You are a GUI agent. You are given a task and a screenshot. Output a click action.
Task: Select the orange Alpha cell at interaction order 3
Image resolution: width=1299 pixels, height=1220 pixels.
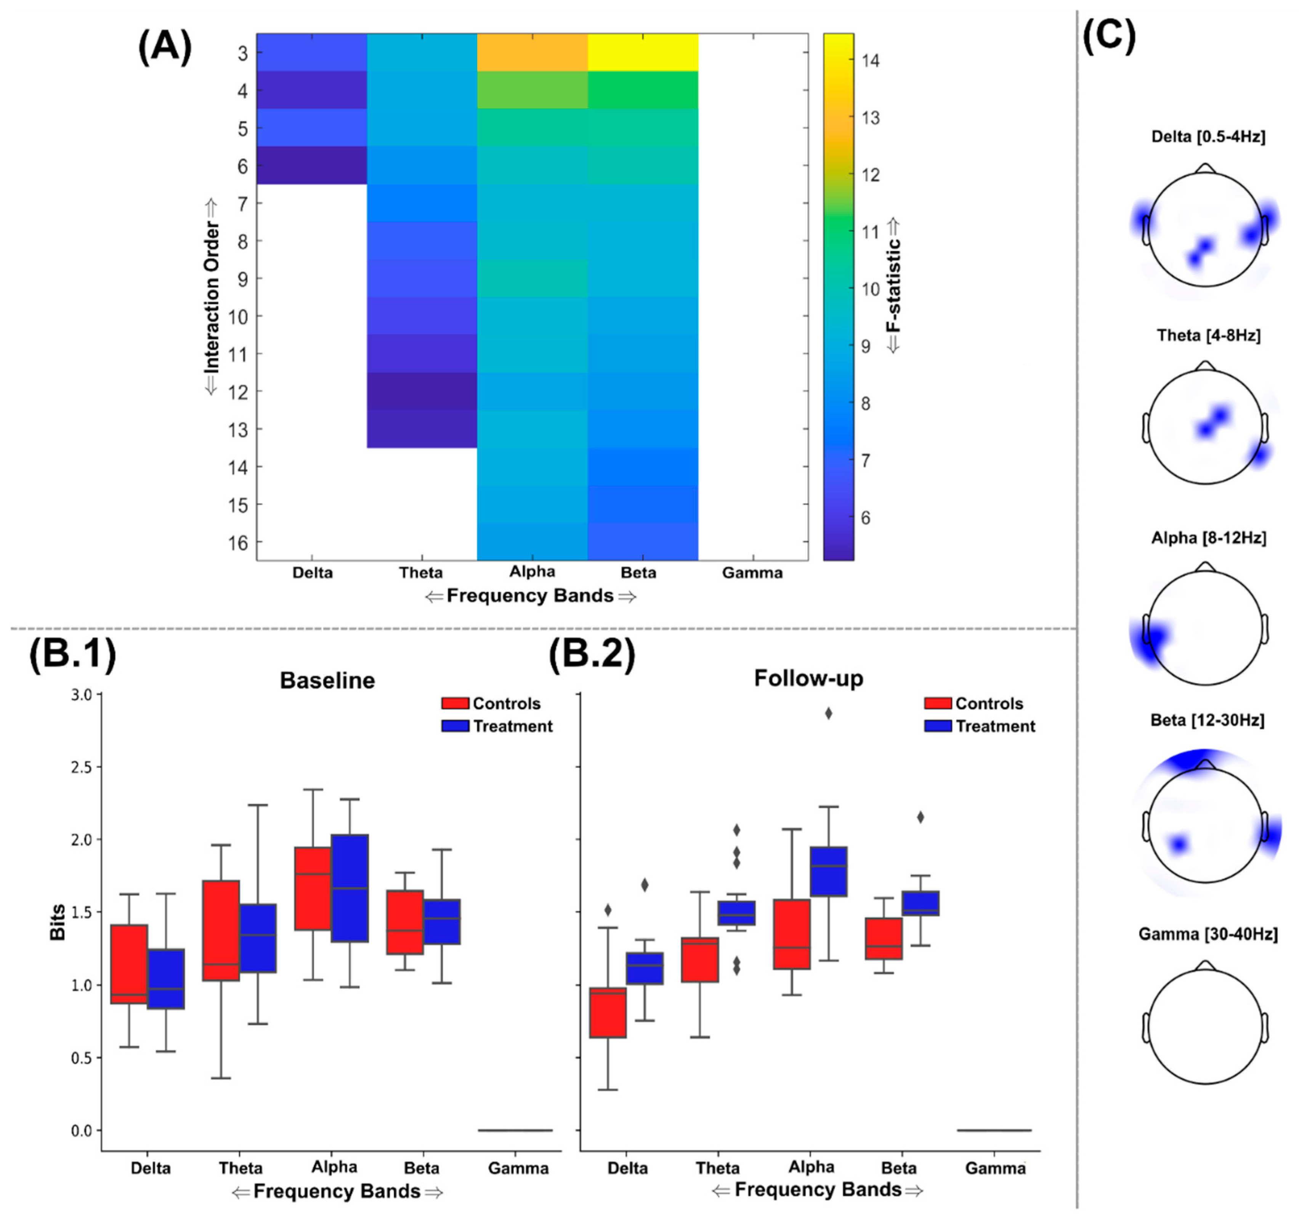[532, 52]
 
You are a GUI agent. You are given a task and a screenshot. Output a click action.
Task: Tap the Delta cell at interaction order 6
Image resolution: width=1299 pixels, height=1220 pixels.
[312, 165]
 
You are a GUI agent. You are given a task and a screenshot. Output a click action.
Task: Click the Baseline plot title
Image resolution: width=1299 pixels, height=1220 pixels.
[327, 680]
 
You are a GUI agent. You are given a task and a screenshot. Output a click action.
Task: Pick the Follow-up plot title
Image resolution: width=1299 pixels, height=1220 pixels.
[808, 678]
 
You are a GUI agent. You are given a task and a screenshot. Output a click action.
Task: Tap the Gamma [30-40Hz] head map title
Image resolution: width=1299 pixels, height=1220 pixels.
[1208, 934]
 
